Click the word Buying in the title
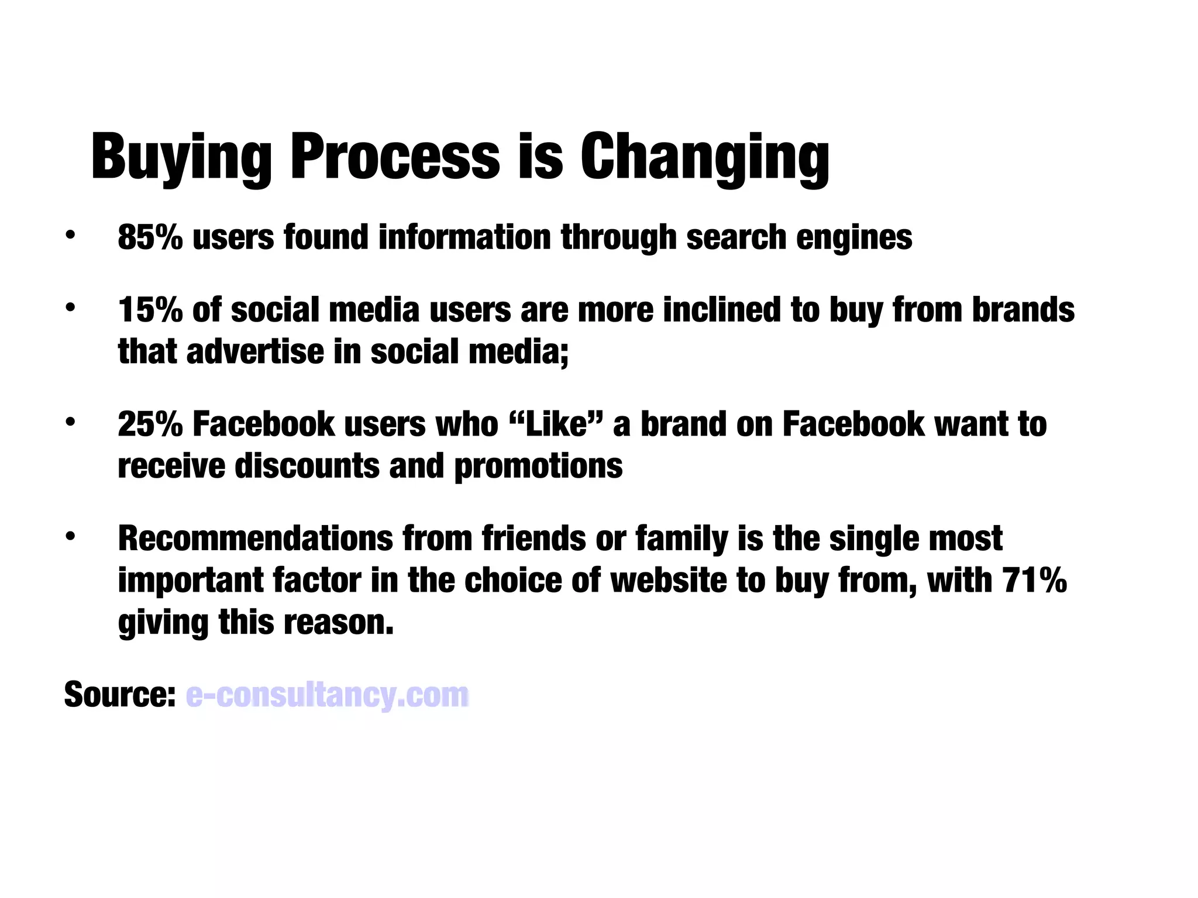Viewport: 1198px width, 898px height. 181,157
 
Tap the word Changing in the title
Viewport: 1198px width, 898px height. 704,157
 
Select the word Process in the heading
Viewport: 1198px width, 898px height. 395,157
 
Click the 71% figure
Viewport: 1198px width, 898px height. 1034,581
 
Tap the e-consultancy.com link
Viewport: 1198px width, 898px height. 328,695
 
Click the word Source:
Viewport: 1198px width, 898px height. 120,695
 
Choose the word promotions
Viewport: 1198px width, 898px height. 538,467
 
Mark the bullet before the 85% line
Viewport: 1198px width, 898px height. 70,236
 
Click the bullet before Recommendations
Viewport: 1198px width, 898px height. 70,537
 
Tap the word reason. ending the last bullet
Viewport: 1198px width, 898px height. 339,623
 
